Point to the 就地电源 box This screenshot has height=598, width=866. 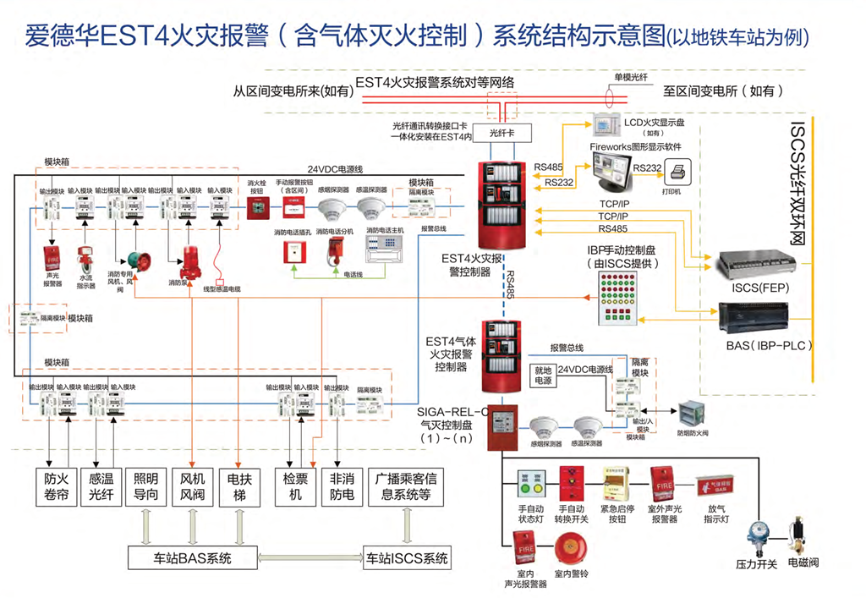point(542,376)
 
